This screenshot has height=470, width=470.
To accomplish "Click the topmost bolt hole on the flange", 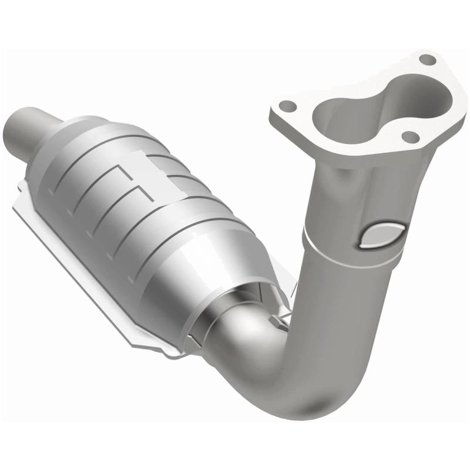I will click(427, 60).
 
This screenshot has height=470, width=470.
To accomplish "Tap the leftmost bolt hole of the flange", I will click(287, 106).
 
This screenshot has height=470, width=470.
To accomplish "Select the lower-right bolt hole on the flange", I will click(411, 137).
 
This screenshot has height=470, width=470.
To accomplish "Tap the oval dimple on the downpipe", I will click(381, 236).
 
